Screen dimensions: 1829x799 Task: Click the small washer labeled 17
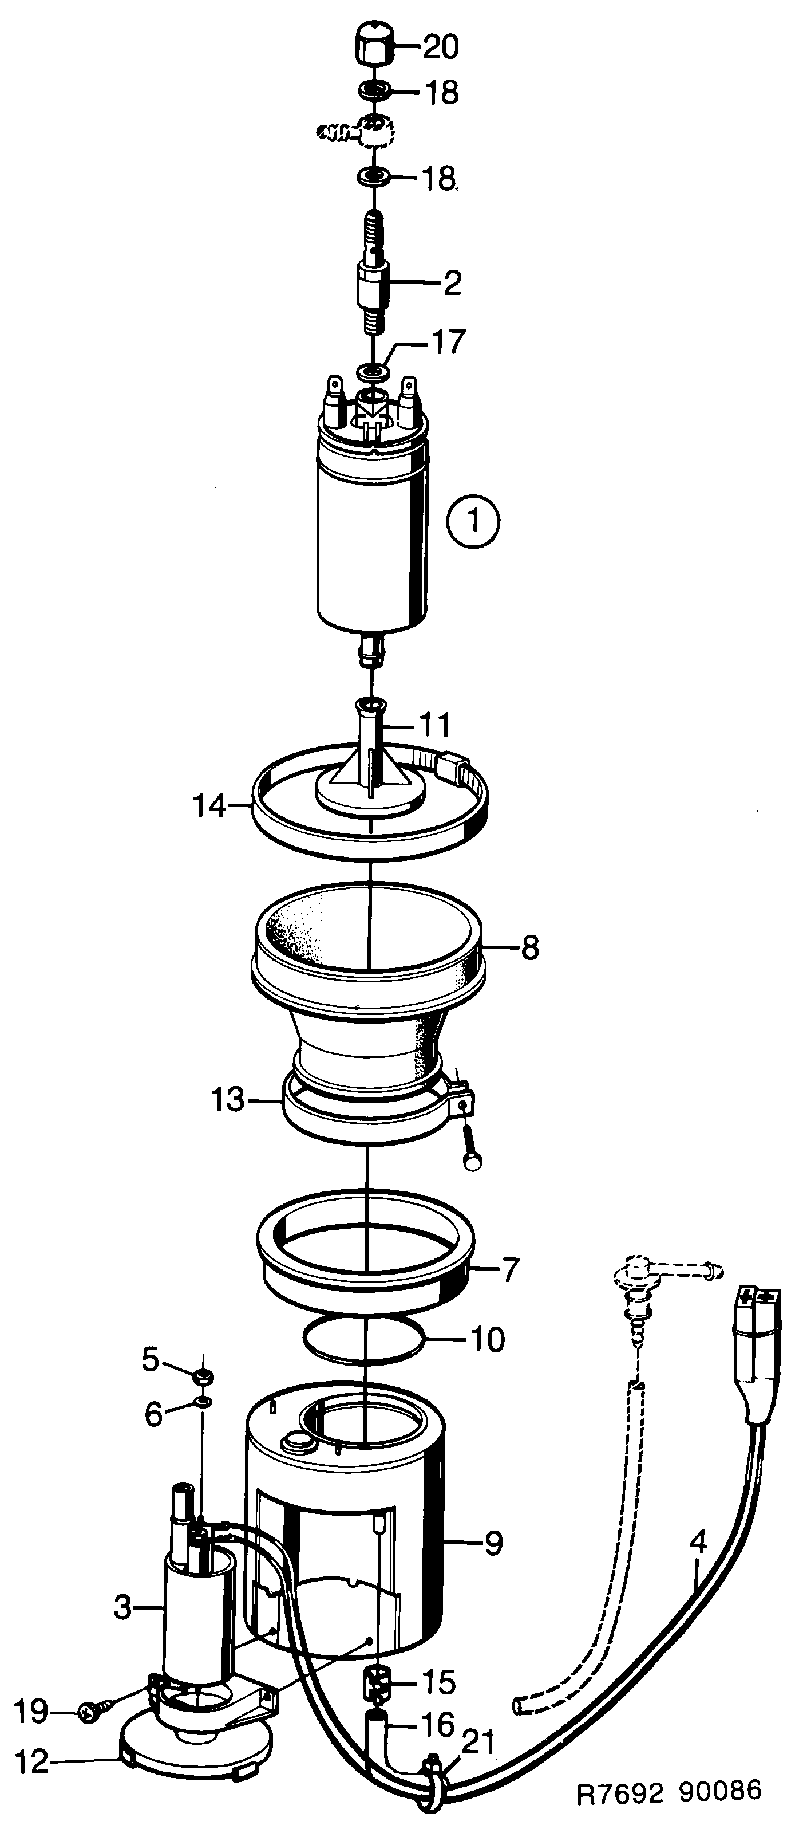(x=373, y=371)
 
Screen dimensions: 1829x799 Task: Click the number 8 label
(x=529, y=949)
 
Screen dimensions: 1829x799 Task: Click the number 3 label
(x=122, y=1607)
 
